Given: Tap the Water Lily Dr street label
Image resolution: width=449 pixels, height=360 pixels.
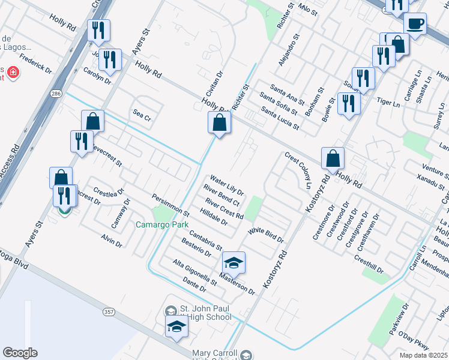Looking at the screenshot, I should (x=226, y=185).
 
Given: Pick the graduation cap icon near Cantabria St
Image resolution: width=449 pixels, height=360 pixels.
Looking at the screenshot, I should (x=234, y=263).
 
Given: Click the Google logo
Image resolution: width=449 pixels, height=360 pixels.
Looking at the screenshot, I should (x=20, y=353).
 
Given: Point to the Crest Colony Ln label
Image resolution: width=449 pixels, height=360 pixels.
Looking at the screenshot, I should (x=299, y=170).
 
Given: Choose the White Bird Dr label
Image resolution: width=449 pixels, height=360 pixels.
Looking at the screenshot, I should (x=265, y=235).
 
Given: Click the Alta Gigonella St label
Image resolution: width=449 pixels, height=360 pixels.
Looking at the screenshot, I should (x=194, y=272).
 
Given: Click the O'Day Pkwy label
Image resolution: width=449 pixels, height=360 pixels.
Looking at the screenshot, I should (x=413, y=345).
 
